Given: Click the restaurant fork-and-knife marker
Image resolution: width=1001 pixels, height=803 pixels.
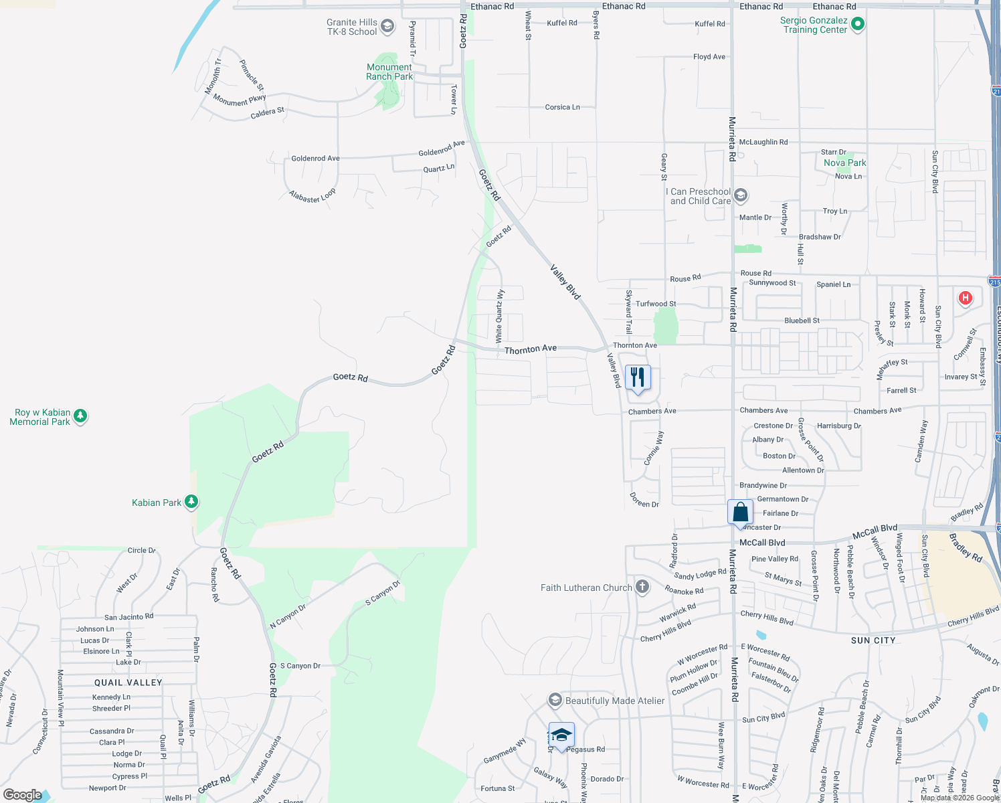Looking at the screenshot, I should [638, 377].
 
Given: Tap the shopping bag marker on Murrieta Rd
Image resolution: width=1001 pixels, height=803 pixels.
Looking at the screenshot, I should [740, 513].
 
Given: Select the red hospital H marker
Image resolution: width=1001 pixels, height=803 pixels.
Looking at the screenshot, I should [965, 298].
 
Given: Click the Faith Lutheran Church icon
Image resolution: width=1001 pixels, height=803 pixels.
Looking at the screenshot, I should [642, 588].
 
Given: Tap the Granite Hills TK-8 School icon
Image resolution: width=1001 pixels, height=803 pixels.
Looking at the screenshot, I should [387, 27].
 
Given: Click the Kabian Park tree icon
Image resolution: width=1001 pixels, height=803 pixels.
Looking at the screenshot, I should [191, 501].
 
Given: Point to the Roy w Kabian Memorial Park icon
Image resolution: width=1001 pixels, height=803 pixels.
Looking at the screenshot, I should [80, 417].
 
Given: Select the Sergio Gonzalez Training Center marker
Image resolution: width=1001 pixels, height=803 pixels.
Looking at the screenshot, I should [858, 25].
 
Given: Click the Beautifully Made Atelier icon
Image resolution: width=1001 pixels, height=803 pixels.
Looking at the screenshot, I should [555, 701].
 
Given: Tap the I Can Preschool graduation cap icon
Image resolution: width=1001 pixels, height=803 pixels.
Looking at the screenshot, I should [740, 195].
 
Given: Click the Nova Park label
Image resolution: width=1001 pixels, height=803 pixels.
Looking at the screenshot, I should [844, 163].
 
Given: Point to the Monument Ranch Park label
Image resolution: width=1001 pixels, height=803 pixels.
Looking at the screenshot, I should [389, 72].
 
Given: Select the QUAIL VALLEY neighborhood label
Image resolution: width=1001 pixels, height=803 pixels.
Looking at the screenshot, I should [128, 683].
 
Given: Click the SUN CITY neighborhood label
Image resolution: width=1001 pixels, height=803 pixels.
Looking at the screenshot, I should [873, 640].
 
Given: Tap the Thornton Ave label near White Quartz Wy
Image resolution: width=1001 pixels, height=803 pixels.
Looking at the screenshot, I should [530, 349].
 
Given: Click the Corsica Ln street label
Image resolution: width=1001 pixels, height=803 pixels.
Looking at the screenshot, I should [562, 107].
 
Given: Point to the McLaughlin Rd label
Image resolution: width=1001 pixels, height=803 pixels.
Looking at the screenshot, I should [763, 142].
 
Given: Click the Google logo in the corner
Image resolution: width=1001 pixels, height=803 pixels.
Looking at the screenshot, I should [22, 795].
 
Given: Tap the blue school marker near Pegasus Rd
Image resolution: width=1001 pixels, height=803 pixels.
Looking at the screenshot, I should [561, 735].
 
